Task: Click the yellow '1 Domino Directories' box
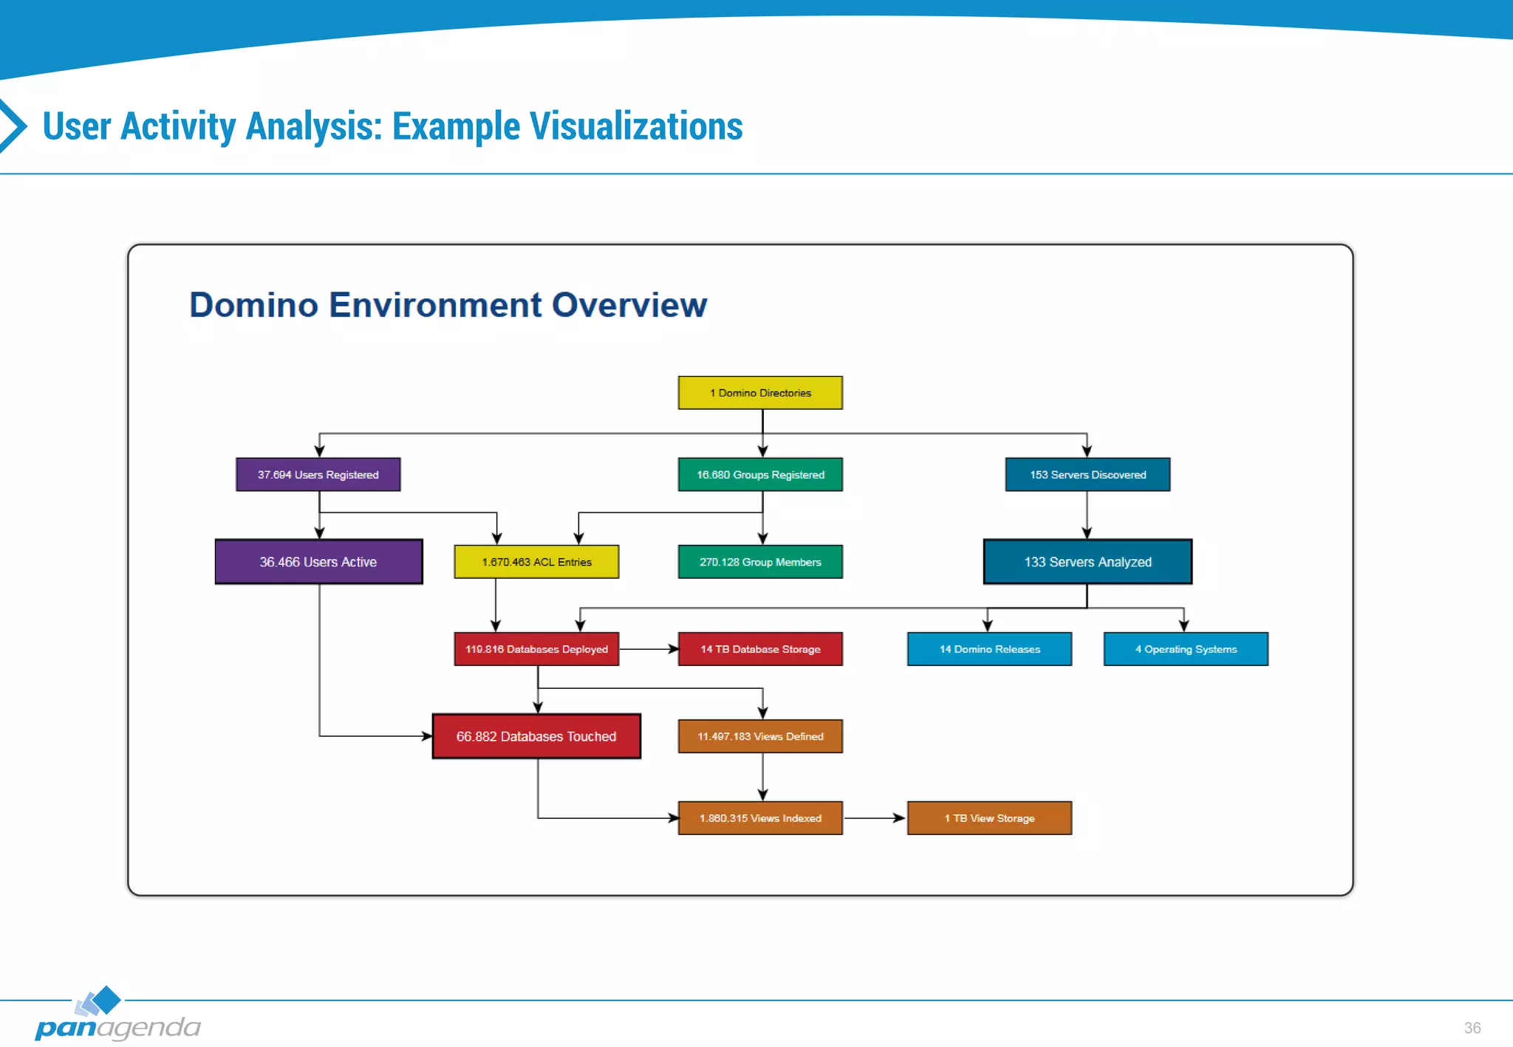[760, 393]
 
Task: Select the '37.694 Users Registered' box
[318, 475]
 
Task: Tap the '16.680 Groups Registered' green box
[760, 475]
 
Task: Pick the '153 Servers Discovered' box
[1087, 475]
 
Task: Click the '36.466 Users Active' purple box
[318, 562]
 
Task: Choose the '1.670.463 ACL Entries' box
[536, 562]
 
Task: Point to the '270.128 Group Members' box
[760, 562]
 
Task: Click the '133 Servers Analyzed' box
[1087, 562]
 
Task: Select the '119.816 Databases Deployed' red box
[536, 649]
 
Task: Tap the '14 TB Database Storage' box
[760, 649]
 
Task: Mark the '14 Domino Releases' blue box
[989, 649]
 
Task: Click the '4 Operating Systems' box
[1186, 649]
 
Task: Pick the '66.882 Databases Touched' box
[536, 736]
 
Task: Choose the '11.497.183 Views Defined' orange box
[760, 736]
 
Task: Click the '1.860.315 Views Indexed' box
[760, 818]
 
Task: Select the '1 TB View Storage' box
[989, 818]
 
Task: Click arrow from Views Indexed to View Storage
[875, 818]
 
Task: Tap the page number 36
[1472, 1028]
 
